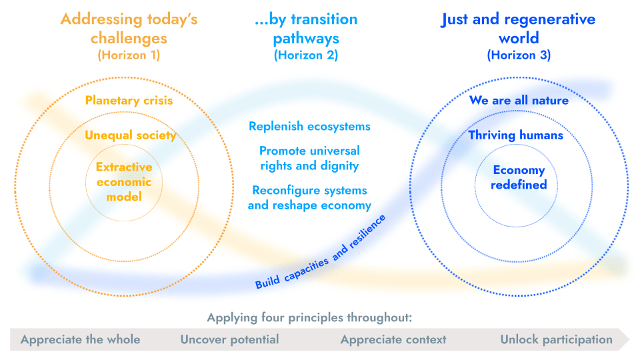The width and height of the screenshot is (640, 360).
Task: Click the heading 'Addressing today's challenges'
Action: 129,29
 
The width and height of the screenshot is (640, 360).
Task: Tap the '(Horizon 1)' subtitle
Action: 129,55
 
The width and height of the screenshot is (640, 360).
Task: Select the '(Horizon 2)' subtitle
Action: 306,55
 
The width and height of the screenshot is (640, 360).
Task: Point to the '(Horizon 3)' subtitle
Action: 519,55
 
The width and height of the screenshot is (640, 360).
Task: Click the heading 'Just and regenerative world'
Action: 519,29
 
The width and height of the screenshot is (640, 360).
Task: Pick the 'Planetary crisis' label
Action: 129,101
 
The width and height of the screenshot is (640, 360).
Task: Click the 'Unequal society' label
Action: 131,135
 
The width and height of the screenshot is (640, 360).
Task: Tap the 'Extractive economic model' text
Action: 124,181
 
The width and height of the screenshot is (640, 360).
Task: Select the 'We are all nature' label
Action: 519,101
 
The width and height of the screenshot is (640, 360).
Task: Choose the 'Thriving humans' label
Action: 515,135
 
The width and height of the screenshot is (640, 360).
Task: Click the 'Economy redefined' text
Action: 519,177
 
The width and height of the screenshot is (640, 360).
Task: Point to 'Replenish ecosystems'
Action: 310,127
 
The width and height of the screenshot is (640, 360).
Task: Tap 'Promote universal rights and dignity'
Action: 310,159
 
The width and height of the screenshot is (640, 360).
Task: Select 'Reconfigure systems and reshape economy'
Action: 310,198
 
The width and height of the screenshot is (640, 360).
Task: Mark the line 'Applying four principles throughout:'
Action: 309,317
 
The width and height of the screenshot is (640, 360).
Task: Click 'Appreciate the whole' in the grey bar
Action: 81,339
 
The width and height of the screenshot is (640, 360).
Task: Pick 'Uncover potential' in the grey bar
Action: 230,339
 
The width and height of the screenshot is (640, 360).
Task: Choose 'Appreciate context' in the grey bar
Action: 393,339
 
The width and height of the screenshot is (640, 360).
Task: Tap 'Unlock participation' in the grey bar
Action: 556,339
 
